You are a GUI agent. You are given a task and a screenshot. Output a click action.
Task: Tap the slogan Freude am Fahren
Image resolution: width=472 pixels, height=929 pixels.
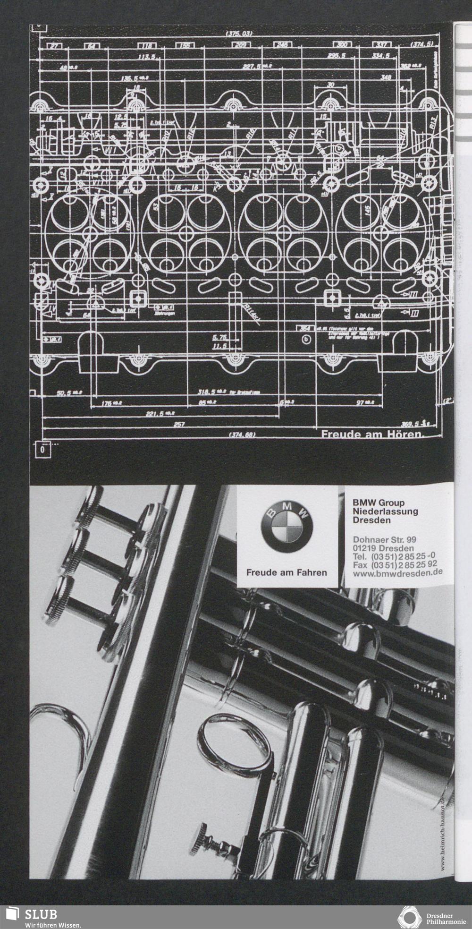tap(287, 572)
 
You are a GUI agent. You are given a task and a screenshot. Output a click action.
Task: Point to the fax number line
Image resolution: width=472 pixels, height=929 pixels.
tap(395, 565)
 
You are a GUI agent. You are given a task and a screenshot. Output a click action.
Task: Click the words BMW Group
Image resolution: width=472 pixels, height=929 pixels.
tap(379, 503)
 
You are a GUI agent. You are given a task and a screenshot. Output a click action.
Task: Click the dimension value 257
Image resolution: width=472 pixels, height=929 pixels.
tap(179, 424)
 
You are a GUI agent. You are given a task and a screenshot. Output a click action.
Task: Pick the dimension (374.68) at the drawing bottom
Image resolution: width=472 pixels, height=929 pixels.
tap(242, 435)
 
